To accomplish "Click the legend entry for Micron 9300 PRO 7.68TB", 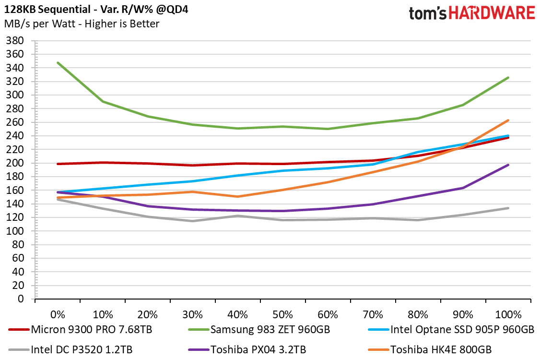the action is click(x=81, y=329).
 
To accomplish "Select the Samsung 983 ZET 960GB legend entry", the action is click(x=259, y=329).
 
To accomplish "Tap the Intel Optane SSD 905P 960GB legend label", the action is click(x=451, y=329).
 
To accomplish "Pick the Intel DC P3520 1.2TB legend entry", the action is click(x=70, y=349).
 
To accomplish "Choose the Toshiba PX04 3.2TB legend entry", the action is click(x=247, y=349).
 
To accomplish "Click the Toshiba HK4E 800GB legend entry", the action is click(x=430, y=349).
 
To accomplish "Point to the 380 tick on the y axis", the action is click(x=15, y=41).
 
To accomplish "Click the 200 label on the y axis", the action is click(x=15, y=163).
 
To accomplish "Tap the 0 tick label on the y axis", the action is click(x=21, y=299).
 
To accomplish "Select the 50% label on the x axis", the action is click(x=283, y=314).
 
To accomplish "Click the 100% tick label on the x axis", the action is click(x=508, y=314).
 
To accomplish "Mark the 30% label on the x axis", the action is click(x=192, y=314).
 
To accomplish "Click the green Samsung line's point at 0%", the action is click(x=58, y=63).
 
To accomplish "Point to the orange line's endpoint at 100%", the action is click(x=508, y=120).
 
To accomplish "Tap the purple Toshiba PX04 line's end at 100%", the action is click(x=508, y=165).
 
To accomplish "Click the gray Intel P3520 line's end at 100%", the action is click(x=508, y=208).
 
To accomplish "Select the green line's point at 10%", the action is click(x=103, y=101).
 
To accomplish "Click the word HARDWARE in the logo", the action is click(x=492, y=13).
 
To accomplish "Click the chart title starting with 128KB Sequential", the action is click(x=96, y=9).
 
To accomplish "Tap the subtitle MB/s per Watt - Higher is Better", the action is click(x=82, y=24).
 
